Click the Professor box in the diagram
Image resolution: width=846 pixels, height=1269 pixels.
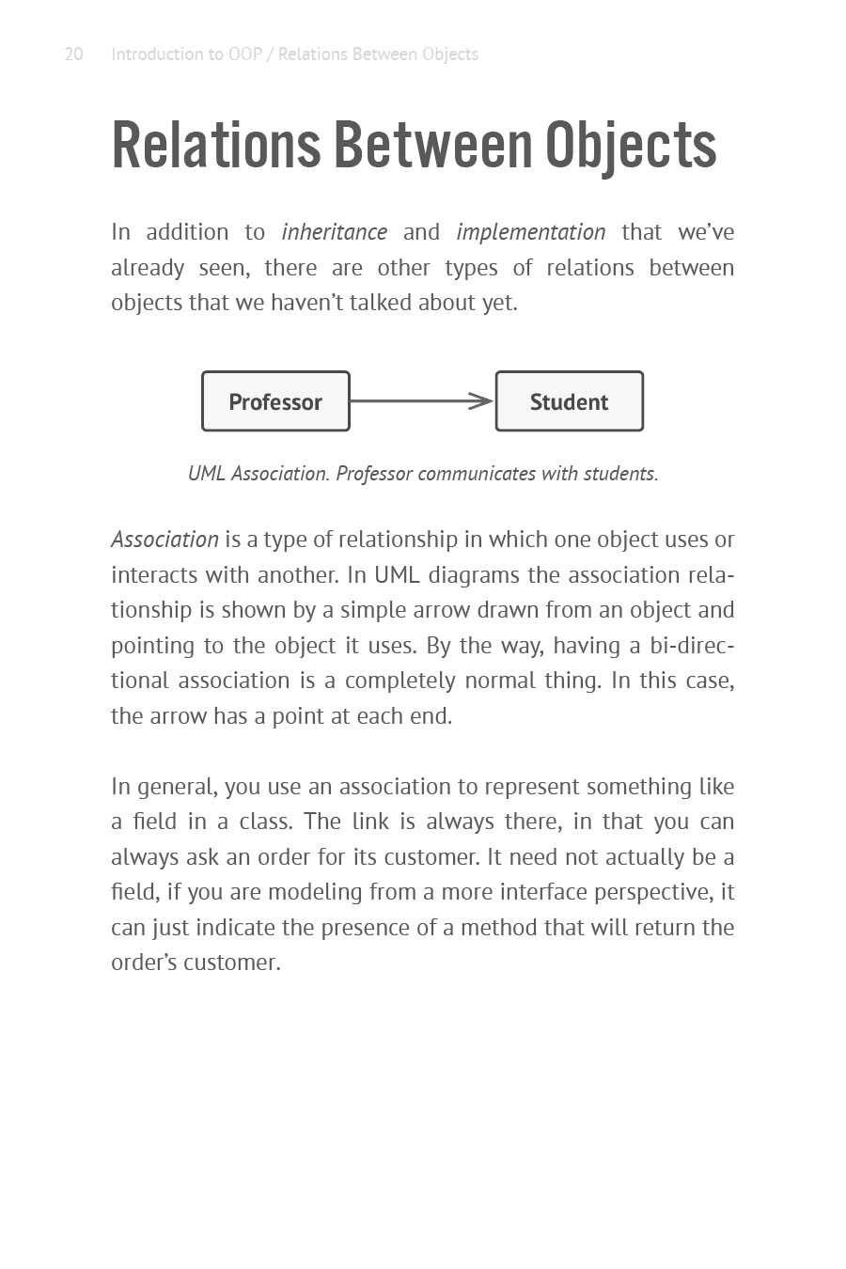point(275,401)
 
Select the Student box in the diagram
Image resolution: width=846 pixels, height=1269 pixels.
point(569,401)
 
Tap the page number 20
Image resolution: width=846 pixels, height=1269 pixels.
point(73,55)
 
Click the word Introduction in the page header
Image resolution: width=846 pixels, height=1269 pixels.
point(156,55)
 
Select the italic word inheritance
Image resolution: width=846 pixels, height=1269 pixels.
point(334,232)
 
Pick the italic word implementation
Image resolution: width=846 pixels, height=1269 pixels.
point(531,232)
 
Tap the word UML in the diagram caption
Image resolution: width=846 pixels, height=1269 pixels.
point(206,474)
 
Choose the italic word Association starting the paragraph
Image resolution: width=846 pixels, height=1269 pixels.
point(164,540)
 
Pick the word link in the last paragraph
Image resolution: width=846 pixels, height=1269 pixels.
point(370,822)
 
